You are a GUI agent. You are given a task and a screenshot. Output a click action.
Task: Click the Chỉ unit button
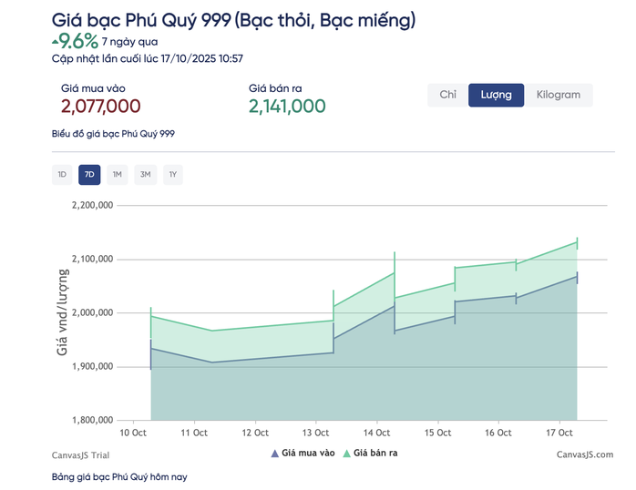pyautogui.click(x=447, y=95)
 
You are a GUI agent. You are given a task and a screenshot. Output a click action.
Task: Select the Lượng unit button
pyautogui.click(x=497, y=95)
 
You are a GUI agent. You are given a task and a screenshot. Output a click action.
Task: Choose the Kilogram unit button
pyautogui.click(x=558, y=95)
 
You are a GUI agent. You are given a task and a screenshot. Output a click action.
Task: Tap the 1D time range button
pyautogui.click(x=62, y=174)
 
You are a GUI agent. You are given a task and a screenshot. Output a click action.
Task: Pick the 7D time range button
pyautogui.click(x=89, y=174)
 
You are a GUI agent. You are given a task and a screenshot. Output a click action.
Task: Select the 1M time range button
pyautogui.click(x=118, y=174)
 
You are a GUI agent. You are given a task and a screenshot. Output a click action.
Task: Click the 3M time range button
pyautogui.click(x=145, y=174)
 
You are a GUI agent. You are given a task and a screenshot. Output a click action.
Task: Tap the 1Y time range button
pyautogui.click(x=173, y=174)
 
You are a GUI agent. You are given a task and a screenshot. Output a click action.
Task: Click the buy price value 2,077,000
pyautogui.click(x=100, y=107)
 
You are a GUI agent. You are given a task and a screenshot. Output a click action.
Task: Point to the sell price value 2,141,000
pyautogui.click(x=287, y=107)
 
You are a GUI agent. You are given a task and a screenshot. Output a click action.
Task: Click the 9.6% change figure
pyautogui.click(x=79, y=41)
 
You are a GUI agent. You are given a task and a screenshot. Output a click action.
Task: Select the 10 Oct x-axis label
pyautogui.click(x=134, y=433)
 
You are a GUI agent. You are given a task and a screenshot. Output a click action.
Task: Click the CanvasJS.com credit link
pyautogui.click(x=585, y=454)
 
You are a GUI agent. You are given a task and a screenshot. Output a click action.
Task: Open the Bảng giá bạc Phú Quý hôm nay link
pyautogui.click(x=118, y=476)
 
